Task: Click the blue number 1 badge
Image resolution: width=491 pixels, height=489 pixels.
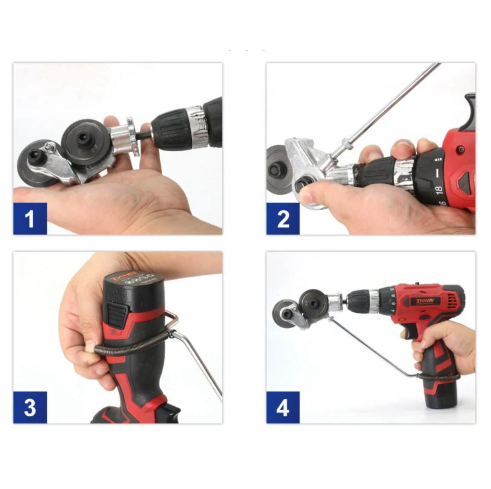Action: point(30,219)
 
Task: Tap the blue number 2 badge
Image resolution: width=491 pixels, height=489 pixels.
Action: point(283,219)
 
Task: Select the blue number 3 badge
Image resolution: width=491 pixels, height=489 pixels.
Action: point(30,407)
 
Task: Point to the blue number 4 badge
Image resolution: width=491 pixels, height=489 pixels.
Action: point(283,407)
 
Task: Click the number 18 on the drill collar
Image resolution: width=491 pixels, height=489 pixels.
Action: point(439,189)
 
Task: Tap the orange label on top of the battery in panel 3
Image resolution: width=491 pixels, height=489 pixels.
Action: point(130,279)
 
